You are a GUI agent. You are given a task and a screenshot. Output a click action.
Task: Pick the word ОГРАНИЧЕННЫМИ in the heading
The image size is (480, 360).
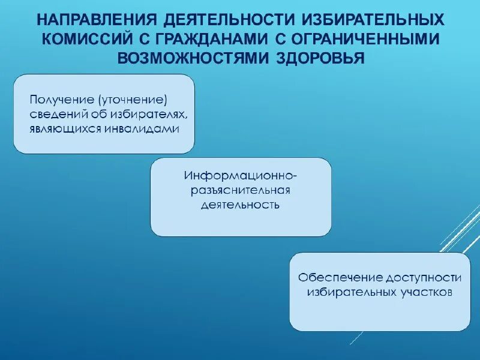pyautogui.click(x=366, y=39)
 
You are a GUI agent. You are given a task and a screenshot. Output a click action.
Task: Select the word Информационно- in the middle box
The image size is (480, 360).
pyautogui.click(x=241, y=176)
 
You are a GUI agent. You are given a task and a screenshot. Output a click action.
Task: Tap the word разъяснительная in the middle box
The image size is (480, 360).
pyautogui.click(x=241, y=191)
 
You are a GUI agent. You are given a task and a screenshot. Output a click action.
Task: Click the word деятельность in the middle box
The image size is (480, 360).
pyautogui.click(x=241, y=205)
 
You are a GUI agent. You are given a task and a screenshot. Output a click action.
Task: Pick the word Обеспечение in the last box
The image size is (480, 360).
pyautogui.click(x=332, y=278)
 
